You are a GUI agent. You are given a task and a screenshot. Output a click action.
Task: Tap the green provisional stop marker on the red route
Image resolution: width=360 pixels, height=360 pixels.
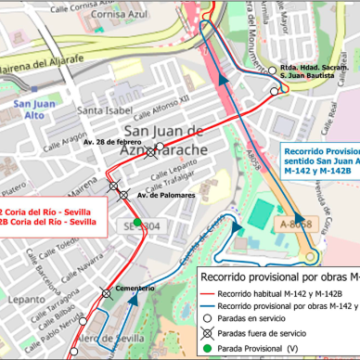pos(137,223)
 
